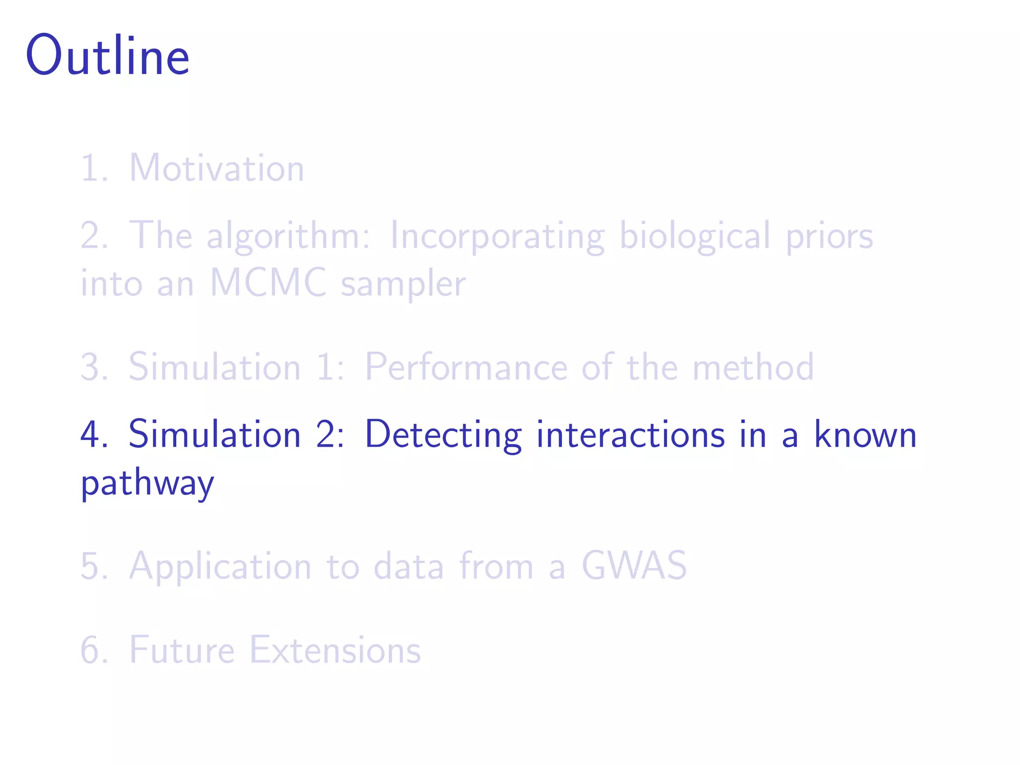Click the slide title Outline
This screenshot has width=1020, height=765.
[x=108, y=56]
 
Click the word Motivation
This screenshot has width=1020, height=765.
[x=217, y=168]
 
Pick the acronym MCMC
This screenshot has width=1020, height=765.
[x=268, y=283]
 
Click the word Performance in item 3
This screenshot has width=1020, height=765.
[x=466, y=367]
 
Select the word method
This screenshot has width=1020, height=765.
[x=753, y=367]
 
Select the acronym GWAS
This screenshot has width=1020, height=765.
[x=634, y=566]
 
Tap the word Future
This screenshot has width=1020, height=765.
[x=182, y=650]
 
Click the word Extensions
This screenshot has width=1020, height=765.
[x=335, y=650]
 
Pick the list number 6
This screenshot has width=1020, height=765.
[x=93, y=650]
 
